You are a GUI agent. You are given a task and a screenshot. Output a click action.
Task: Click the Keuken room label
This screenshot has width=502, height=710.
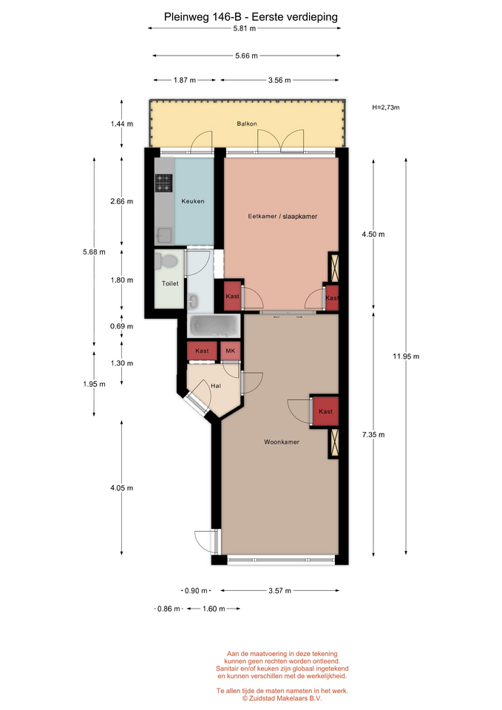(x=193, y=201)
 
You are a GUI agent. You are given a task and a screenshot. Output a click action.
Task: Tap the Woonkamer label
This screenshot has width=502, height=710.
(x=282, y=442)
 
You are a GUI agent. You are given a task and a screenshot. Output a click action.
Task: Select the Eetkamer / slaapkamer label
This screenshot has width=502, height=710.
(x=282, y=217)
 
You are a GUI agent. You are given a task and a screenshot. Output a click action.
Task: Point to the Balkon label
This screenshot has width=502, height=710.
(x=247, y=124)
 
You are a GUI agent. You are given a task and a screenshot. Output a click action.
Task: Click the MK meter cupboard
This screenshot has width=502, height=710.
(x=231, y=351)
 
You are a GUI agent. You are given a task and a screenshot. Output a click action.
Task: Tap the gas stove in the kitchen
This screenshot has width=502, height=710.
(x=164, y=183)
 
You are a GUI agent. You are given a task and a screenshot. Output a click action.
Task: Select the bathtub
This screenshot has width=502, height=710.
(x=214, y=326)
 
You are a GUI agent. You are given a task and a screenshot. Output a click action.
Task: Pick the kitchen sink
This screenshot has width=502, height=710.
(x=164, y=235)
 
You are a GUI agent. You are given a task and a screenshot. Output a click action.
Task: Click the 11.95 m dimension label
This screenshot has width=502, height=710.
(x=406, y=356)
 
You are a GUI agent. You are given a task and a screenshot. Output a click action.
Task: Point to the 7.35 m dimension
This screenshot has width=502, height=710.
(x=373, y=435)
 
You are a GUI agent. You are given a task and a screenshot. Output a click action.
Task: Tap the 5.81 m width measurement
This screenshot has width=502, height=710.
(x=245, y=28)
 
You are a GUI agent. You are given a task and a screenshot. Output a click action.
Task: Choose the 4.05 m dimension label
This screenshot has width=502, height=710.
(x=122, y=488)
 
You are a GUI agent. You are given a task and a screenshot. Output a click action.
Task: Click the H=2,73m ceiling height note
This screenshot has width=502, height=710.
(x=386, y=107)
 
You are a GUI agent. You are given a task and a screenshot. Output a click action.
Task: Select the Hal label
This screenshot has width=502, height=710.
(x=216, y=386)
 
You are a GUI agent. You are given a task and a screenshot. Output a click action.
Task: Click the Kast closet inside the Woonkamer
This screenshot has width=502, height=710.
(x=325, y=411)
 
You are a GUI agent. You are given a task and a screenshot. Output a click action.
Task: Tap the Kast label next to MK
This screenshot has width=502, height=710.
(x=202, y=351)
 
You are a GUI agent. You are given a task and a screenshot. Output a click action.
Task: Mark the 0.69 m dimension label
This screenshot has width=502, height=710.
(x=122, y=326)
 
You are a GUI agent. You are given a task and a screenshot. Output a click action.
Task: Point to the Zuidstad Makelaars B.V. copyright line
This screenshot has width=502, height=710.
(x=282, y=698)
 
